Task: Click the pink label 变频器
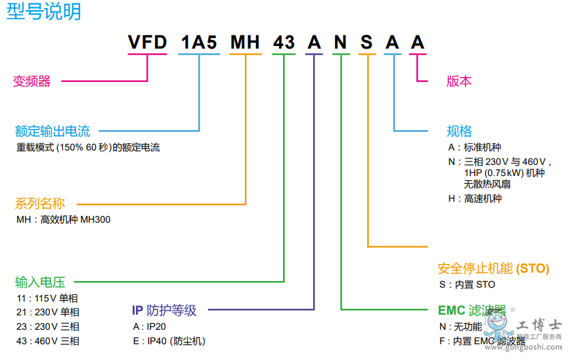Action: tap(32, 81)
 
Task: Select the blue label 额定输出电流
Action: tap(53, 131)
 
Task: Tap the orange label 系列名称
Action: tap(40, 204)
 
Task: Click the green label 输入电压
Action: tap(40, 282)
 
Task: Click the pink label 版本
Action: tap(459, 81)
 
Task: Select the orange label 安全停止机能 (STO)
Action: tap(493, 269)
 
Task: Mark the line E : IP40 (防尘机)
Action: tap(169, 341)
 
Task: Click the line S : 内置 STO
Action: tap(466, 284)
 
